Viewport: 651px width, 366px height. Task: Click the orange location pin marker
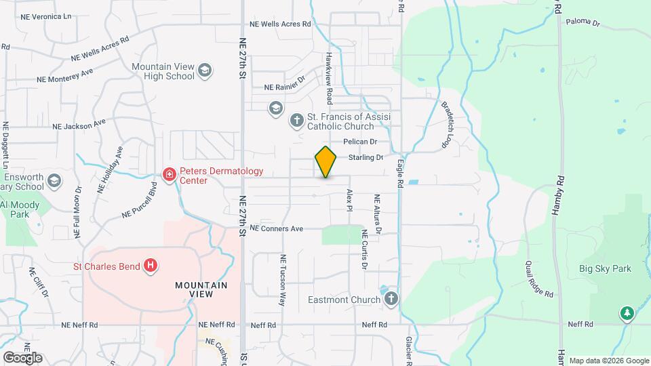point(325,162)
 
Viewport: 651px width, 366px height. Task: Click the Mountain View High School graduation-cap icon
point(205,70)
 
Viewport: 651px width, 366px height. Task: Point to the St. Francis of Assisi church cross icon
point(296,121)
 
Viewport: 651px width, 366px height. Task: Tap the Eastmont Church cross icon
point(391,299)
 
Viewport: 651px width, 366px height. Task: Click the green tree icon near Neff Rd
point(627,313)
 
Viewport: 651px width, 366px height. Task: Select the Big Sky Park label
point(605,268)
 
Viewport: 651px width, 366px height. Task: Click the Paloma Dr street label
point(583,22)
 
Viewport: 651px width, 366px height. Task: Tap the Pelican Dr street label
point(359,142)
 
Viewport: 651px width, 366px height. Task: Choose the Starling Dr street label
point(366,157)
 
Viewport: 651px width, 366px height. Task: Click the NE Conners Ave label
point(276,228)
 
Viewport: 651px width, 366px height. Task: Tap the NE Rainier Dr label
point(285,87)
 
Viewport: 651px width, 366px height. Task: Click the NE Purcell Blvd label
point(139,204)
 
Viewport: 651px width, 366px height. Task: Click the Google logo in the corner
point(22,357)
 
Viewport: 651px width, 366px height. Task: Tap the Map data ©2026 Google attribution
point(608,361)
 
